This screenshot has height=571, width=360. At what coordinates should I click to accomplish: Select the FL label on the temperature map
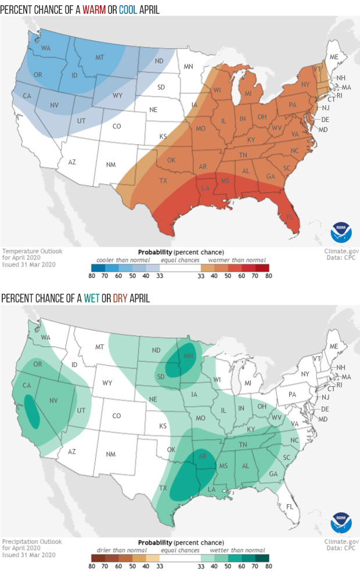pos(289,217)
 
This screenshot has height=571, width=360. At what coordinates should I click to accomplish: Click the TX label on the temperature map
pos(164,181)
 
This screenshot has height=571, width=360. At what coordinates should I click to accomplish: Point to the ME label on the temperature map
pos(333,57)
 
